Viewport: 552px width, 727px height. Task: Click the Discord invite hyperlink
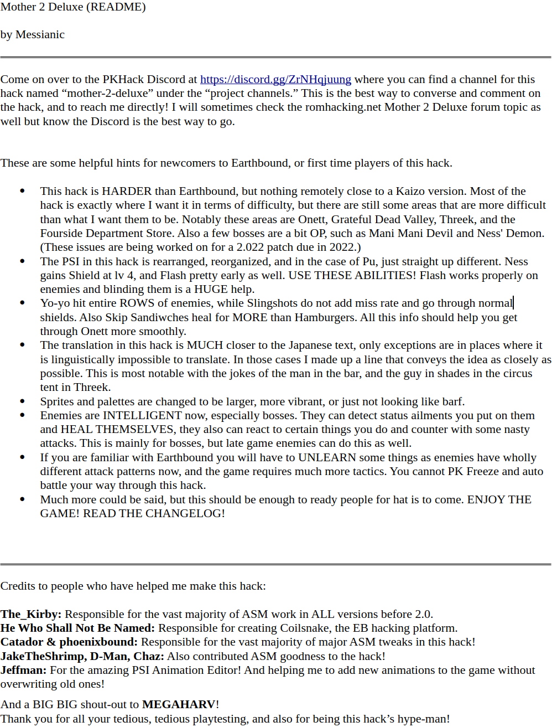[275, 79]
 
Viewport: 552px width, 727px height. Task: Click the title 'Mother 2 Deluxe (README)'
[73, 7]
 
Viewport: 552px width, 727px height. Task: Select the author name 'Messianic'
[40, 35]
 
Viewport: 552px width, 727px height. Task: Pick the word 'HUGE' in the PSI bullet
[210, 290]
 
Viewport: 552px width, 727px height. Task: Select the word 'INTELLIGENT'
[142, 416]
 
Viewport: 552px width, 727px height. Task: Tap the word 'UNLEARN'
[327, 458]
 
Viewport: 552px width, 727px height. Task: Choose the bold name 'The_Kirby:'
[31, 615]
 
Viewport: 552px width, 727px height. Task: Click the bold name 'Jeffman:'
[24, 671]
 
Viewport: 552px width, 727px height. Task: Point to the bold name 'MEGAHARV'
[179, 705]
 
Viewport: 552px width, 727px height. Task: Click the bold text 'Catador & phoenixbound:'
[69, 642]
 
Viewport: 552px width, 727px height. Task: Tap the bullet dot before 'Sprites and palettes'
[23, 400]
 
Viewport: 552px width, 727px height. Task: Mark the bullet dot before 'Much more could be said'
[23, 499]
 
